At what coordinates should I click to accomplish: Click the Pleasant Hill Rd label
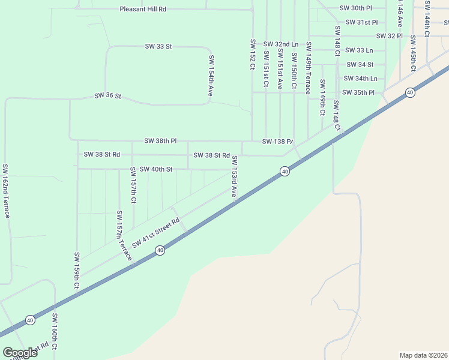(x=142, y=10)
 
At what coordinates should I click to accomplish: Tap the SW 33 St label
(x=158, y=46)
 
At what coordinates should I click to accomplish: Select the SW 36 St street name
(x=108, y=96)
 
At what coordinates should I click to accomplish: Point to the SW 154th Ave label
(x=211, y=76)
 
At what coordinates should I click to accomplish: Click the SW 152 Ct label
(x=253, y=55)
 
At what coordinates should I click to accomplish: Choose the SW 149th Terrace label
(x=308, y=68)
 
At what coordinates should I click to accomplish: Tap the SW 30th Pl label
(x=355, y=8)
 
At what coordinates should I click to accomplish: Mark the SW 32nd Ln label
(x=280, y=44)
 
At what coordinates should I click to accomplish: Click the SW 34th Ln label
(x=360, y=79)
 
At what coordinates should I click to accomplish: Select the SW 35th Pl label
(x=358, y=92)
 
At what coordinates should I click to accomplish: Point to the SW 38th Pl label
(x=160, y=141)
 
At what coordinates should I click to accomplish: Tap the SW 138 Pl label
(x=277, y=142)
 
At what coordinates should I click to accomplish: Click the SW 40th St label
(x=156, y=170)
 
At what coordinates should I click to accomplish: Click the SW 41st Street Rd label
(x=156, y=233)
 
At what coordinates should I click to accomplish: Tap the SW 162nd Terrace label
(x=6, y=191)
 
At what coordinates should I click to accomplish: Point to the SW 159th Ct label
(x=77, y=272)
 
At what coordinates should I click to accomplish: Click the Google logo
(x=20, y=352)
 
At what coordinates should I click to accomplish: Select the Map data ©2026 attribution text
(x=423, y=355)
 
